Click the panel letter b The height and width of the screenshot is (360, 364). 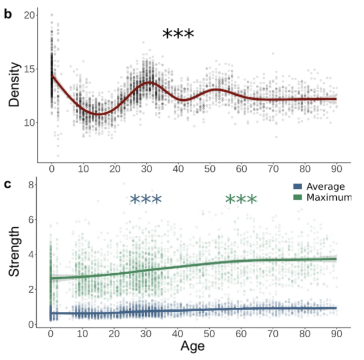click(x=8, y=14)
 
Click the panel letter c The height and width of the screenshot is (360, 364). click(x=8, y=185)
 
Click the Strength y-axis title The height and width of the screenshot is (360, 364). click(x=15, y=251)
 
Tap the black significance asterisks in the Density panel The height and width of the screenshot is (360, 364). click(x=178, y=35)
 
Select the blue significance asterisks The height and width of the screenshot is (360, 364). click(x=146, y=200)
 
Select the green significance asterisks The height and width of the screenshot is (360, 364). click(x=241, y=200)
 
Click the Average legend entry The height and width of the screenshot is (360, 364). click(x=325, y=187)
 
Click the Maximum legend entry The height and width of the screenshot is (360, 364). click(x=328, y=197)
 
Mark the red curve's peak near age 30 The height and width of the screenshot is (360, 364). click(x=149, y=82)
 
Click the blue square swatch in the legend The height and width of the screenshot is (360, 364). click(x=297, y=187)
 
